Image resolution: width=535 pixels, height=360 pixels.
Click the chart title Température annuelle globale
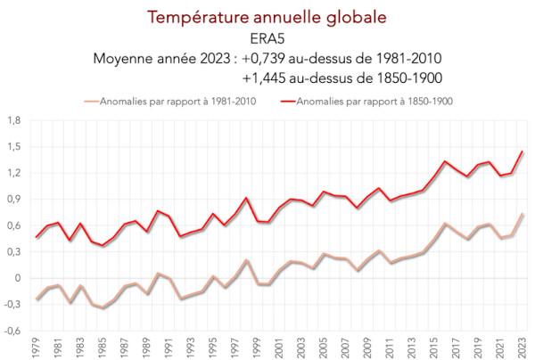pos(267,17)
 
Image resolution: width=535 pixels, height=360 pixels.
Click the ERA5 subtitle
pos(267,38)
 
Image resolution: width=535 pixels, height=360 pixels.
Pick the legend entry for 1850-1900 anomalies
pos(375,101)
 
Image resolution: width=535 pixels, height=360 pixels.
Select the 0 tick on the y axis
pos(19,278)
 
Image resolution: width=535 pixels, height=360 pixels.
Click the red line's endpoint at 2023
pos(523,151)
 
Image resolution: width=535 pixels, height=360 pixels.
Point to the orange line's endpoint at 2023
pos(523,214)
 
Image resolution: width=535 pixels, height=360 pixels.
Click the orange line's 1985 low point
pos(103,308)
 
